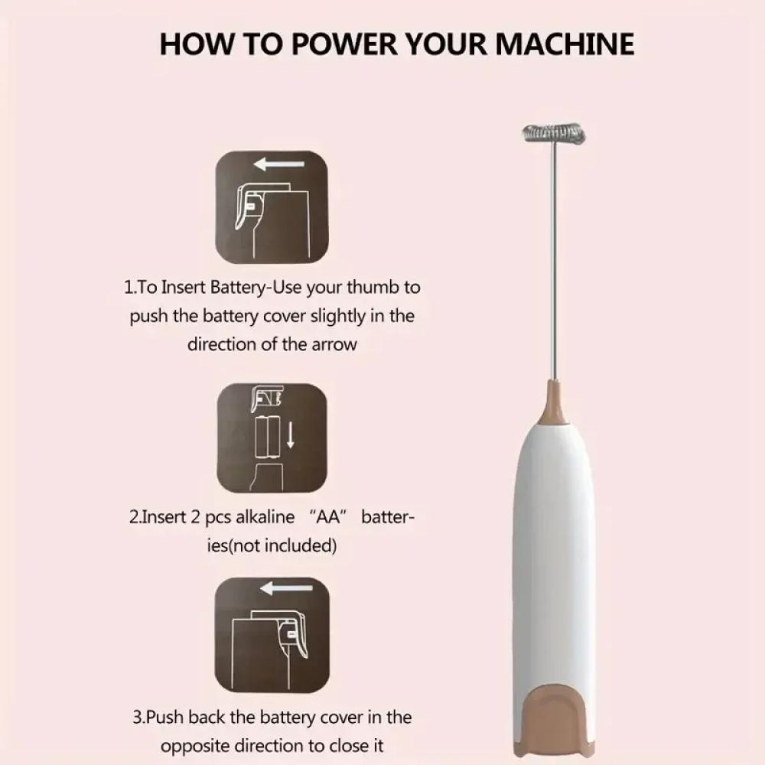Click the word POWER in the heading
pyautogui.click(x=345, y=44)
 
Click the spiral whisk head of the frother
pyautogui.click(x=554, y=134)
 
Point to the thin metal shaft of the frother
pyautogui.click(x=553, y=262)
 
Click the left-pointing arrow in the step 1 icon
pyautogui.click(x=279, y=164)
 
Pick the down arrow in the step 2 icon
pyautogui.click(x=290, y=435)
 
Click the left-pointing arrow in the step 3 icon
pyautogui.click(x=286, y=588)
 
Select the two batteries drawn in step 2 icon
pyautogui.click(x=267, y=437)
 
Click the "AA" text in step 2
pyautogui.click(x=328, y=516)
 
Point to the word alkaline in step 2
pyautogui.click(x=265, y=516)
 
